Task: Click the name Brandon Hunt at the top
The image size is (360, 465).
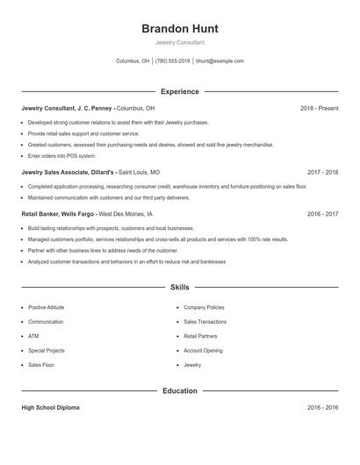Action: [x=179, y=28]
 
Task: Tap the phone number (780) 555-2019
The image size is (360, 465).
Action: [x=172, y=61]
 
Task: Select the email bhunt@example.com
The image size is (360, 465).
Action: [x=220, y=61]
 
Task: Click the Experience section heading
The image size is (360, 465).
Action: [x=179, y=91]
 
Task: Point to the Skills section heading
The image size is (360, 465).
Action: [x=179, y=287]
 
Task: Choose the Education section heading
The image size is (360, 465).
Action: [x=179, y=390]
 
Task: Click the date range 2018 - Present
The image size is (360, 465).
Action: [x=319, y=108]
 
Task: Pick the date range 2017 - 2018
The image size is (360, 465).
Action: [x=322, y=173]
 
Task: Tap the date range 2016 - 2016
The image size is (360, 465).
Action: [x=322, y=408]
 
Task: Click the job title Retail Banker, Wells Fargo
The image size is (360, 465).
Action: [x=58, y=214]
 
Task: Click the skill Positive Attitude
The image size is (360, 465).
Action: [x=46, y=308]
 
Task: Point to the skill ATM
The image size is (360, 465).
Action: [x=33, y=336]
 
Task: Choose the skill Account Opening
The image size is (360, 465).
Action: [x=203, y=350]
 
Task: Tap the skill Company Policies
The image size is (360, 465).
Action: [x=204, y=308]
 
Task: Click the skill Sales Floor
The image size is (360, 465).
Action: [x=40, y=364]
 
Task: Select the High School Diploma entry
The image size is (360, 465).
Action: [x=50, y=408]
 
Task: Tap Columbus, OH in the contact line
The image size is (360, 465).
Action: [x=133, y=61]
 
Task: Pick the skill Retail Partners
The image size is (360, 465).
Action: [x=200, y=336]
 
